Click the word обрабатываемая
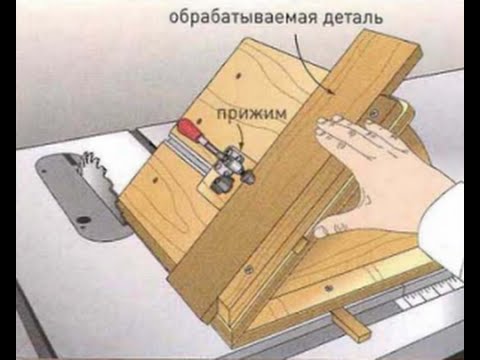click(243, 17)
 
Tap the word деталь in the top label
click(353, 17)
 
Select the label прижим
click(252, 114)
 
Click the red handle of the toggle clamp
click(189, 129)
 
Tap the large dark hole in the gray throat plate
click(83, 220)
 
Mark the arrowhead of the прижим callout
click(242, 144)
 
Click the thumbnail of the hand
click(320, 232)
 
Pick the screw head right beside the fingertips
click(374, 113)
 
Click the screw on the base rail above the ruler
click(329, 287)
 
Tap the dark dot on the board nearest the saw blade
click(155, 180)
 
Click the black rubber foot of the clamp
click(219, 184)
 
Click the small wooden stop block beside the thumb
click(300, 247)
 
